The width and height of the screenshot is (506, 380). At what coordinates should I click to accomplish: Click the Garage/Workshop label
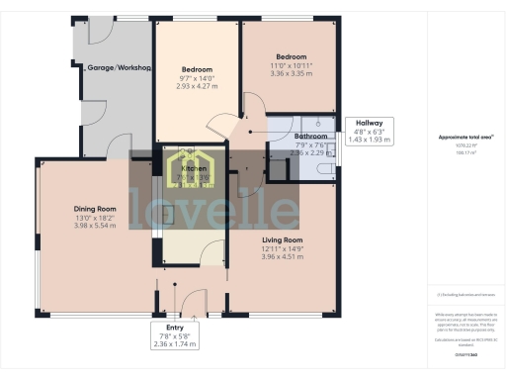coord(118,68)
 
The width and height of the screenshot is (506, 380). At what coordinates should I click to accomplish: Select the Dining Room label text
coord(95,209)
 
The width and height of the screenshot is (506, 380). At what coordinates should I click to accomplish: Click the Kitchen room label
coord(194,169)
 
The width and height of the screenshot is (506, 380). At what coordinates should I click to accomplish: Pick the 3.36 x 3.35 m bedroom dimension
coord(291,73)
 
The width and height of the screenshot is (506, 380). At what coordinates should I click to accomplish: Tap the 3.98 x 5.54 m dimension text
coord(95,227)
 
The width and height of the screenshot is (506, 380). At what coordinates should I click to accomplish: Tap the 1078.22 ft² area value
coord(462,146)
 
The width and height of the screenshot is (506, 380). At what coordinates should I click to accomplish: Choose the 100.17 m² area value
coord(462,153)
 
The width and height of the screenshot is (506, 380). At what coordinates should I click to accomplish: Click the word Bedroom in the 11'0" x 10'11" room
coord(291,56)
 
